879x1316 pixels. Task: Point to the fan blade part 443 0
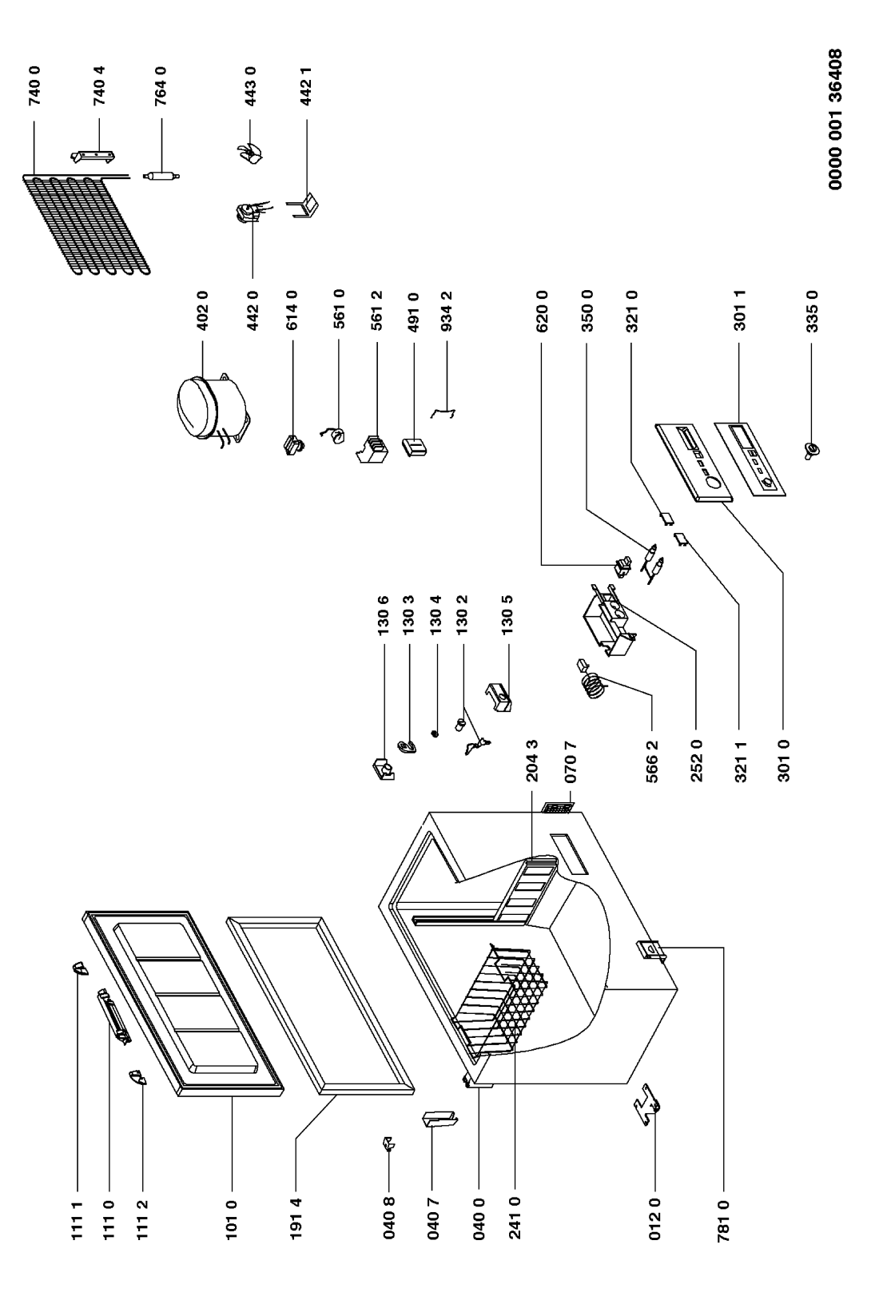[249, 151]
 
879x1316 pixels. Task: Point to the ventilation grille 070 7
[557, 809]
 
